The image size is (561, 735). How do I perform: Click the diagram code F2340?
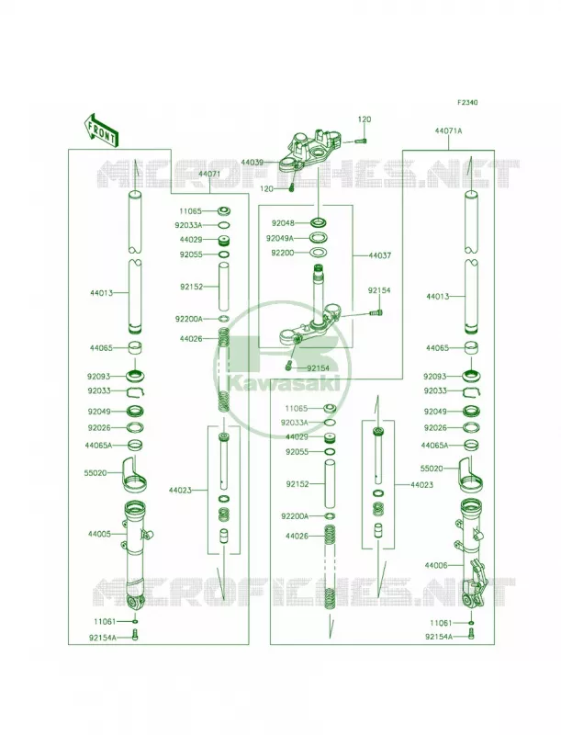[467, 102]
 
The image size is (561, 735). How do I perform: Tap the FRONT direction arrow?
[101, 129]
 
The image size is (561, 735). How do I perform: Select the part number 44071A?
[448, 131]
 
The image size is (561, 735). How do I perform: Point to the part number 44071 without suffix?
[208, 174]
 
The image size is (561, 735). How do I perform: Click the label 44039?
[252, 163]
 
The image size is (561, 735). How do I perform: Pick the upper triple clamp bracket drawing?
[309, 150]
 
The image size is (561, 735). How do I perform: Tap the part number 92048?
[283, 223]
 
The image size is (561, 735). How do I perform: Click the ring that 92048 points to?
[318, 222]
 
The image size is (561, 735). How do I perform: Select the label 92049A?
[280, 238]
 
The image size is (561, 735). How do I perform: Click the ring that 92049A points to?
[318, 237]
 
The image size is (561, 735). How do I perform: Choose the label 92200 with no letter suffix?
[283, 254]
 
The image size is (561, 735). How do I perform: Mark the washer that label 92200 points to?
[318, 252]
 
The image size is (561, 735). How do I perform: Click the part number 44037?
[380, 256]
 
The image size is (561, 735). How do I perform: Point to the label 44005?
[99, 534]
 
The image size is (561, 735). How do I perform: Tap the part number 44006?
[436, 566]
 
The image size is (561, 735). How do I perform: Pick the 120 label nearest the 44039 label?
[267, 189]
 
